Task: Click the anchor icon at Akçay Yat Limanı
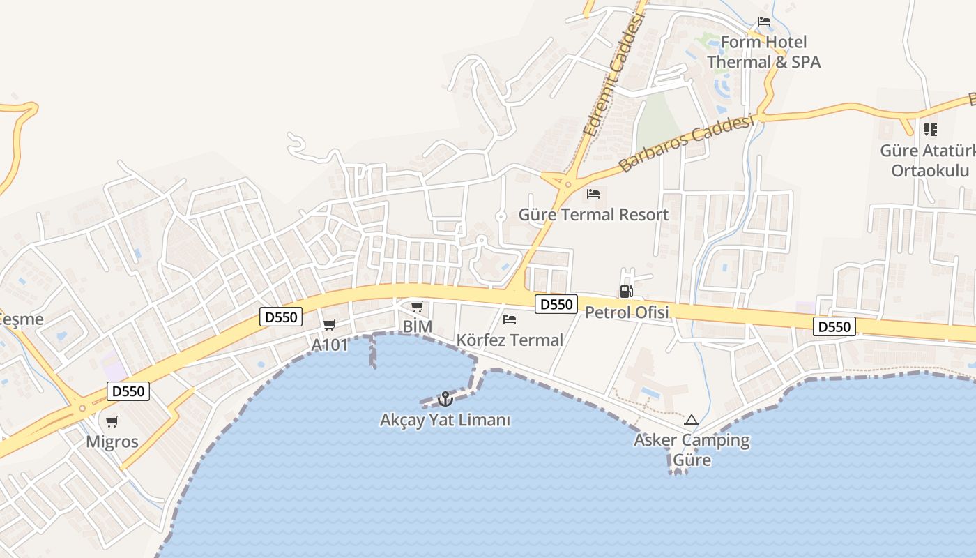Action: [444, 399]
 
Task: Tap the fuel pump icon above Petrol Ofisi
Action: [626, 292]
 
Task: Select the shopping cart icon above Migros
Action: [112, 421]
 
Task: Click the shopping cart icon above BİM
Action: [417, 306]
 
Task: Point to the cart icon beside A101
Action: [330, 325]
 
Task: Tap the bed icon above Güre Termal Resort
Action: [593, 193]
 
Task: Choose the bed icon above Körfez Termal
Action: [510, 319]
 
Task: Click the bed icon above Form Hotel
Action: [764, 22]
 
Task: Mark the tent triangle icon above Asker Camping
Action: [691, 420]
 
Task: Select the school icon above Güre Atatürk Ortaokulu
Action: [930, 130]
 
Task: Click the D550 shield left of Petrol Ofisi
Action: [556, 304]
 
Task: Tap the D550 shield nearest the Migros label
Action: [128, 391]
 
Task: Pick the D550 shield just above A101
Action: [282, 317]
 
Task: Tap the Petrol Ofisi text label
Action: [627, 312]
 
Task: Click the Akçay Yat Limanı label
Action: [445, 420]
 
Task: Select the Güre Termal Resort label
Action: [593, 214]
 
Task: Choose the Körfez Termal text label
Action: [510, 340]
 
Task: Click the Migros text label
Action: [112, 442]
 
